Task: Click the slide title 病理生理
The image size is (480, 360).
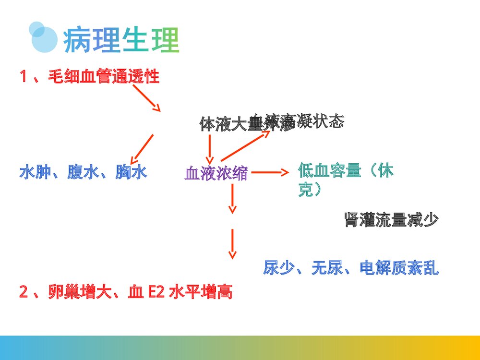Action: tap(121, 40)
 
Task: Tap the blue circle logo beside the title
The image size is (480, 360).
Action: tap(44, 37)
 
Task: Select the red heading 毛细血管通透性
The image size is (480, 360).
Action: tap(103, 76)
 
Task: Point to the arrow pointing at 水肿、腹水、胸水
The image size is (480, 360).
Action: tap(142, 149)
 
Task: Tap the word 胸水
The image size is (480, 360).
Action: tap(131, 172)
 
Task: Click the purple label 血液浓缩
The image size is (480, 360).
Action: tap(216, 173)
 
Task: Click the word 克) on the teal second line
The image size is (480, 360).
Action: tap(310, 190)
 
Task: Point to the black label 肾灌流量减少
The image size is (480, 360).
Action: tap(391, 220)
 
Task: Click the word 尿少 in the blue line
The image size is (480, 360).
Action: tap(278, 267)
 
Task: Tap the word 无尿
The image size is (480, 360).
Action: tap(326, 267)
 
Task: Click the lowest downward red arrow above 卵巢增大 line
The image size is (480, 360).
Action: tap(232, 244)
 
